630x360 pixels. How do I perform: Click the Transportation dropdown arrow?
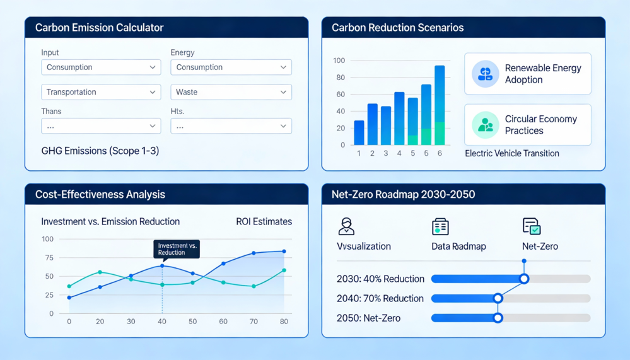[x=152, y=92]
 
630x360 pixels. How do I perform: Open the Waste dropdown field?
[x=231, y=92]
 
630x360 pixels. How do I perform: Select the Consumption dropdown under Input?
[x=101, y=67]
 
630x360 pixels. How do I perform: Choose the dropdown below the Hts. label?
[x=231, y=126]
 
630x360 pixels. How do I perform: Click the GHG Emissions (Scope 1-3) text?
[x=100, y=151]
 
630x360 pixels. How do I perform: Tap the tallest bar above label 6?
[x=440, y=105]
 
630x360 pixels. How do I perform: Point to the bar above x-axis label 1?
[x=359, y=132]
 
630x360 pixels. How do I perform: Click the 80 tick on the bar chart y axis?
[x=341, y=78]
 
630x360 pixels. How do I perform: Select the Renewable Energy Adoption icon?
[x=486, y=74]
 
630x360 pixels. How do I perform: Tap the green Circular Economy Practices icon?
[x=486, y=125]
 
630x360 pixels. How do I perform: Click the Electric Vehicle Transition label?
[x=512, y=153]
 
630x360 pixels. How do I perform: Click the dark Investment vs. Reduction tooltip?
[x=177, y=249]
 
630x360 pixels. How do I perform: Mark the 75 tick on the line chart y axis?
[x=49, y=257]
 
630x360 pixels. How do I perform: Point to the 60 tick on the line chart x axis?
[x=223, y=322]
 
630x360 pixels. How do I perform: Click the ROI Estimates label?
[x=264, y=221]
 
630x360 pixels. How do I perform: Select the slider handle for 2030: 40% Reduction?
[x=524, y=279]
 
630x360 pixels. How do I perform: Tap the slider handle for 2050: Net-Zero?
[x=498, y=318]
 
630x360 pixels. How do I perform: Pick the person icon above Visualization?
[x=346, y=226]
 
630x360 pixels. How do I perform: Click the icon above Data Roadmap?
[x=440, y=226]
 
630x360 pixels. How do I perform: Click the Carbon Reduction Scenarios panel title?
[x=397, y=28]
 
